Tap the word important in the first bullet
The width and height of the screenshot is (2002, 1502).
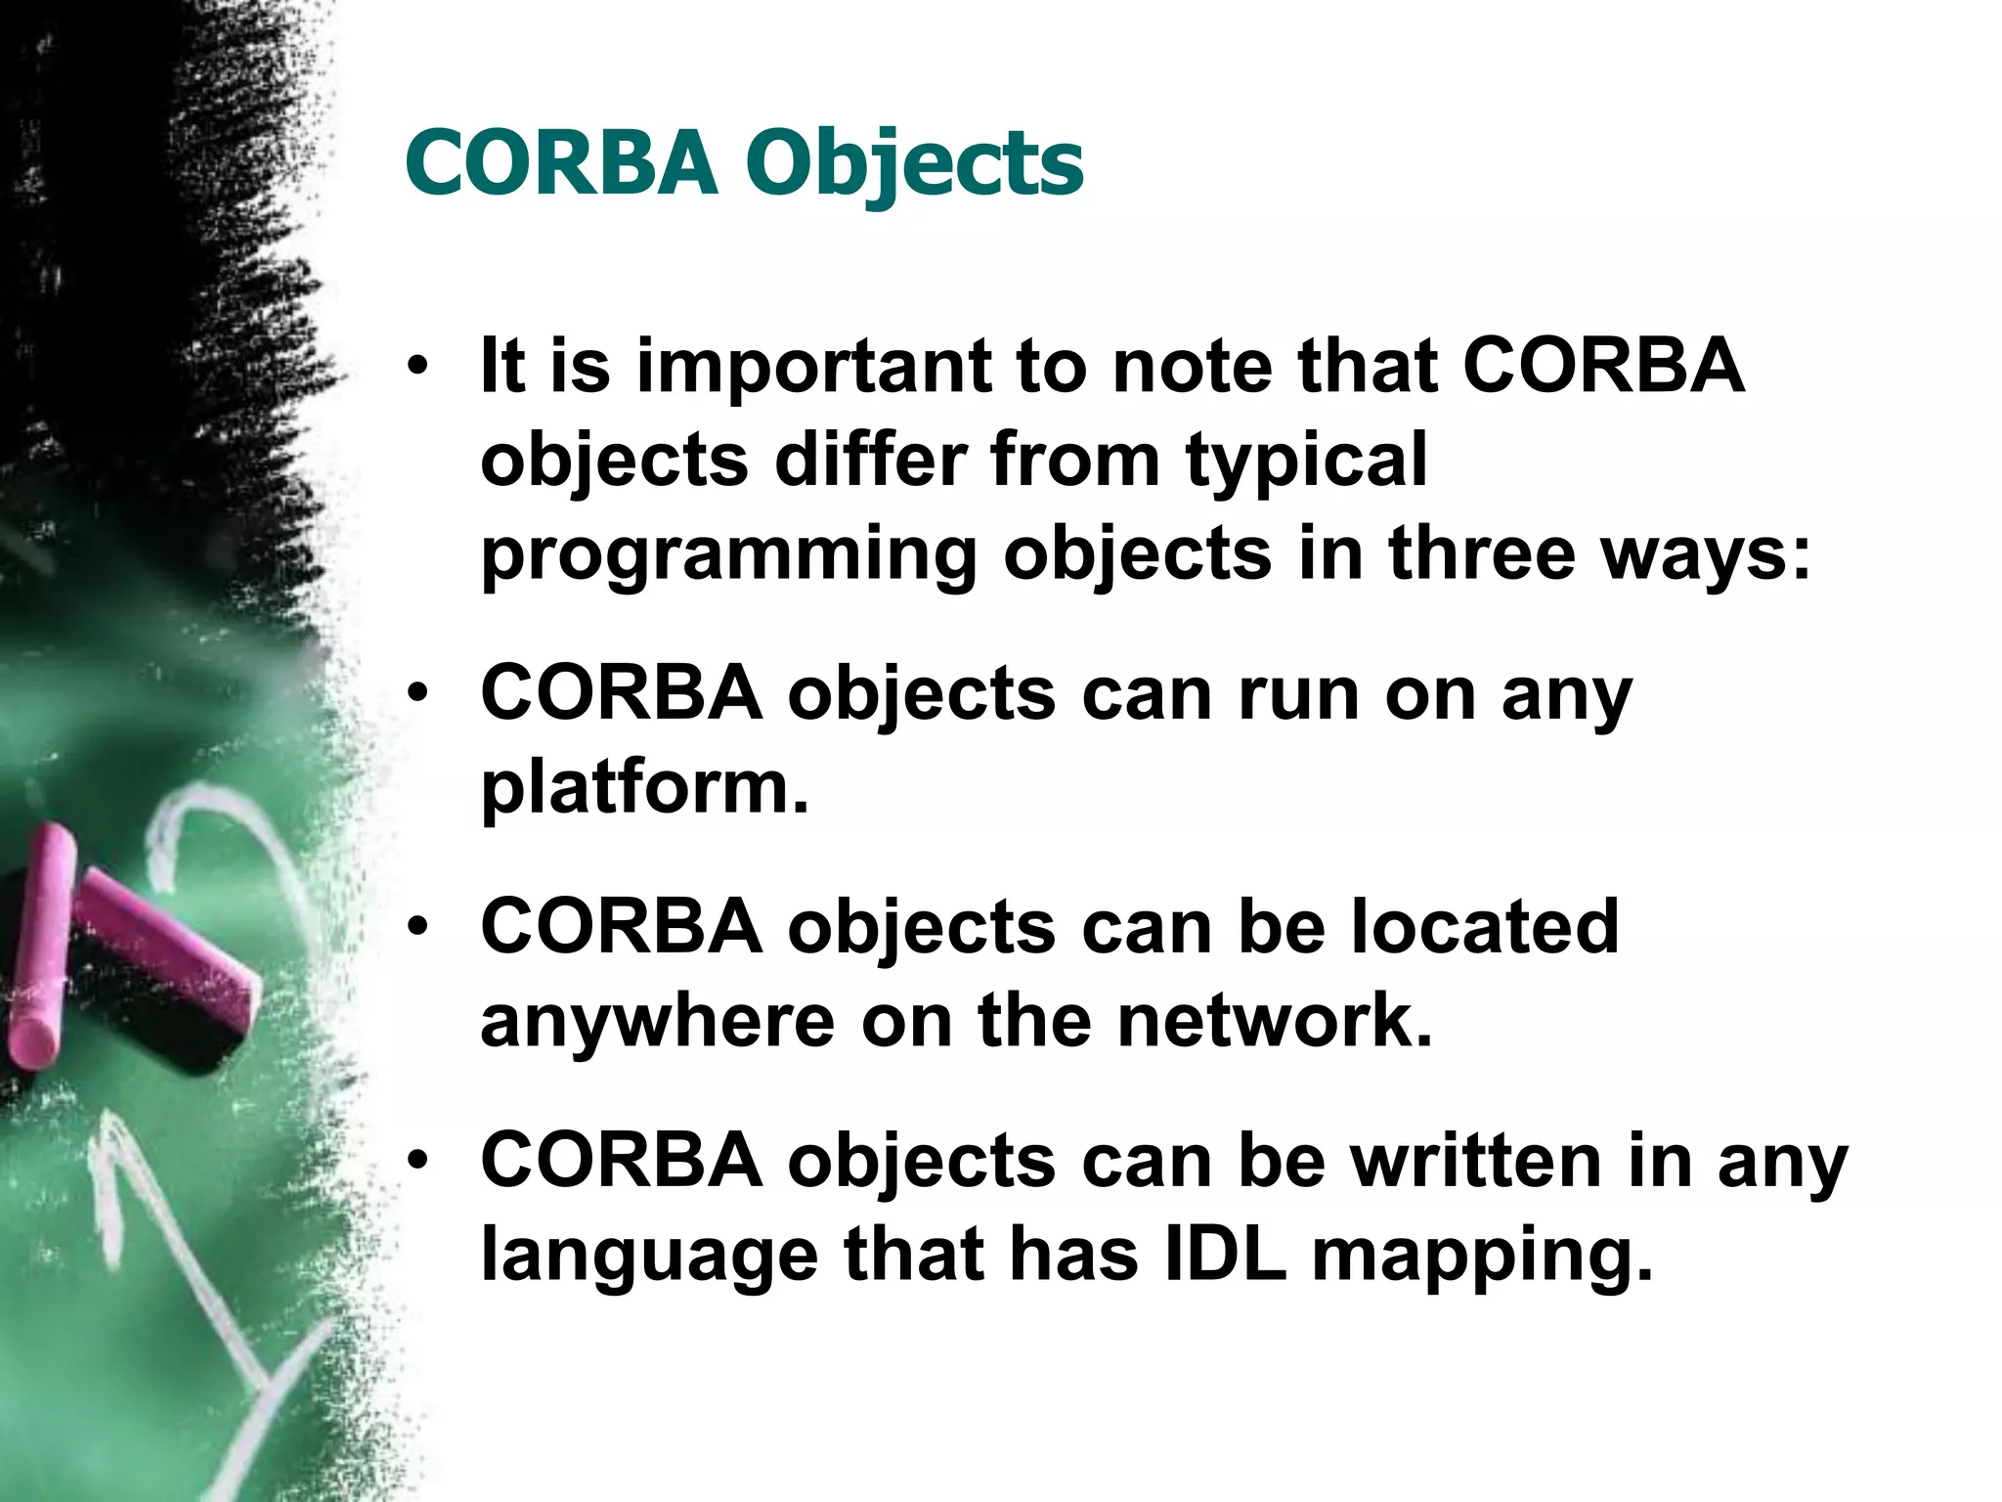click(x=812, y=366)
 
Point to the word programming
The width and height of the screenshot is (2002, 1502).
click(x=728, y=555)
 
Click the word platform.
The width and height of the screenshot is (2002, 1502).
click(x=644, y=788)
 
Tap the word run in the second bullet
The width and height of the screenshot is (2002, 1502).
click(x=1297, y=694)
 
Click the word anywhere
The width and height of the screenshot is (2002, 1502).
click(x=658, y=1021)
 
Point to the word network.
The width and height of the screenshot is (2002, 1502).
click(x=1274, y=1021)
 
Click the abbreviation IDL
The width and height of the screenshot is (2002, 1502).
click(x=1226, y=1254)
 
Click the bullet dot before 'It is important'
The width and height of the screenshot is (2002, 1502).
click(x=418, y=368)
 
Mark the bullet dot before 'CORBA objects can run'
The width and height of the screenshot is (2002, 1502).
click(x=418, y=694)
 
